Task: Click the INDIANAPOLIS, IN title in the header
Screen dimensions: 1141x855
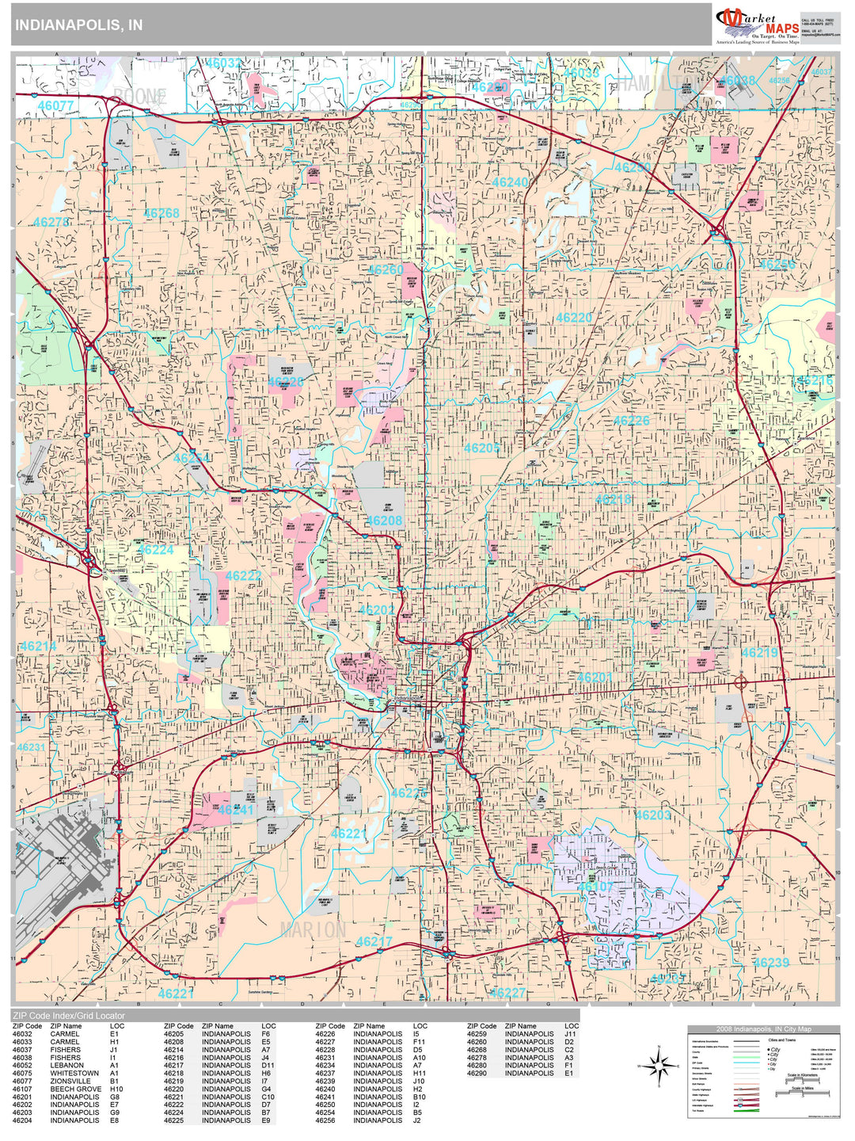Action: [78, 25]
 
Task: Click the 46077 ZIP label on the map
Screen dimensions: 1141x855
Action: [55, 105]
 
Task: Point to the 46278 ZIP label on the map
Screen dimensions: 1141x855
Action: [51, 223]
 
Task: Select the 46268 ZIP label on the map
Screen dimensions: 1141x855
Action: [161, 213]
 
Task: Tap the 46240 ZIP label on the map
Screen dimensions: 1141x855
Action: [510, 182]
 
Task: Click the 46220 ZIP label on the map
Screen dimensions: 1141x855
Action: [574, 318]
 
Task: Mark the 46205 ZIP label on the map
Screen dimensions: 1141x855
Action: [482, 448]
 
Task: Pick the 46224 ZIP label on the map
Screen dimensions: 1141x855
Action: [155, 550]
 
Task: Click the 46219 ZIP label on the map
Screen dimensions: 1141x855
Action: [759, 653]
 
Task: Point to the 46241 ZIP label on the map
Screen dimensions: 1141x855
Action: [235, 810]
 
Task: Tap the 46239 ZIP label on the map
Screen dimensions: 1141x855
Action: [770, 963]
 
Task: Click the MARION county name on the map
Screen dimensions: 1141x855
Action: [313, 930]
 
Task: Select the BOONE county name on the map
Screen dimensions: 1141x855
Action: [139, 97]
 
